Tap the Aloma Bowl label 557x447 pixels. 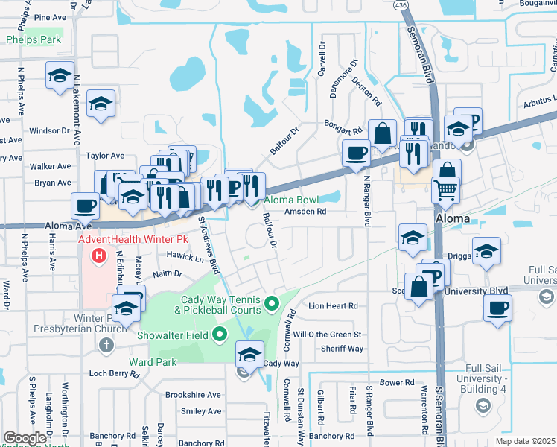(x=290, y=200)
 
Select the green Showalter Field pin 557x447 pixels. (x=219, y=335)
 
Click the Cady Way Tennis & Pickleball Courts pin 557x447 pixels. (x=272, y=303)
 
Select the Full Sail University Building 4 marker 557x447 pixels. (x=483, y=405)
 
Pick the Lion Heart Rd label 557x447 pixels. (x=333, y=305)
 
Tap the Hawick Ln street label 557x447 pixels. (x=189, y=259)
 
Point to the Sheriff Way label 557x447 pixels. (x=342, y=349)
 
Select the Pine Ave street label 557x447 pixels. (x=50, y=16)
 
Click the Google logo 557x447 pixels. (x=25, y=438)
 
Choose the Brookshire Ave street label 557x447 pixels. (x=194, y=395)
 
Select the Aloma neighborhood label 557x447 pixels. (x=452, y=218)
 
